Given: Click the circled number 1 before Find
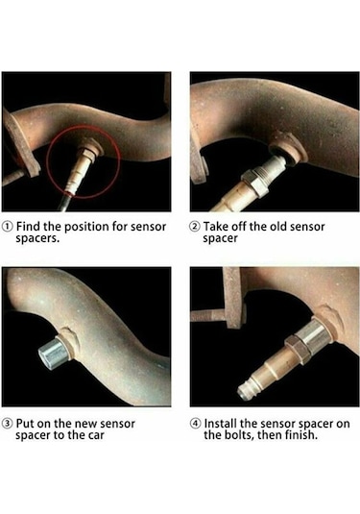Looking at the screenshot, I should coord(8,227).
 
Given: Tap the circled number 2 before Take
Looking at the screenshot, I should coord(195,227).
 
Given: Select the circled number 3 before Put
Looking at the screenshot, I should coord(8,423).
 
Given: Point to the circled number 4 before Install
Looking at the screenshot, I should coord(195,423).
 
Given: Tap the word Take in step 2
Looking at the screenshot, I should coord(217,227).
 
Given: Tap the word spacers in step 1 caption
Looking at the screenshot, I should coord(36,240).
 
